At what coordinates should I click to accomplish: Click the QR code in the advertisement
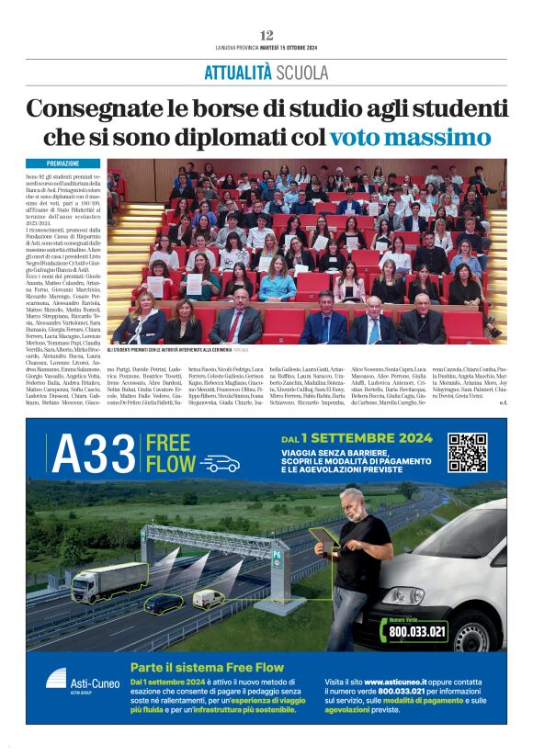pos(467,453)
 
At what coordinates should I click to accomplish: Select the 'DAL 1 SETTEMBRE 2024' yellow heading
pos(357,438)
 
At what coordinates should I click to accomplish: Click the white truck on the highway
pos(110,581)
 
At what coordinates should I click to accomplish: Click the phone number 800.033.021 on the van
pos(417,631)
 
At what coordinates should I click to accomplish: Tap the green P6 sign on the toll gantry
pos(278,556)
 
